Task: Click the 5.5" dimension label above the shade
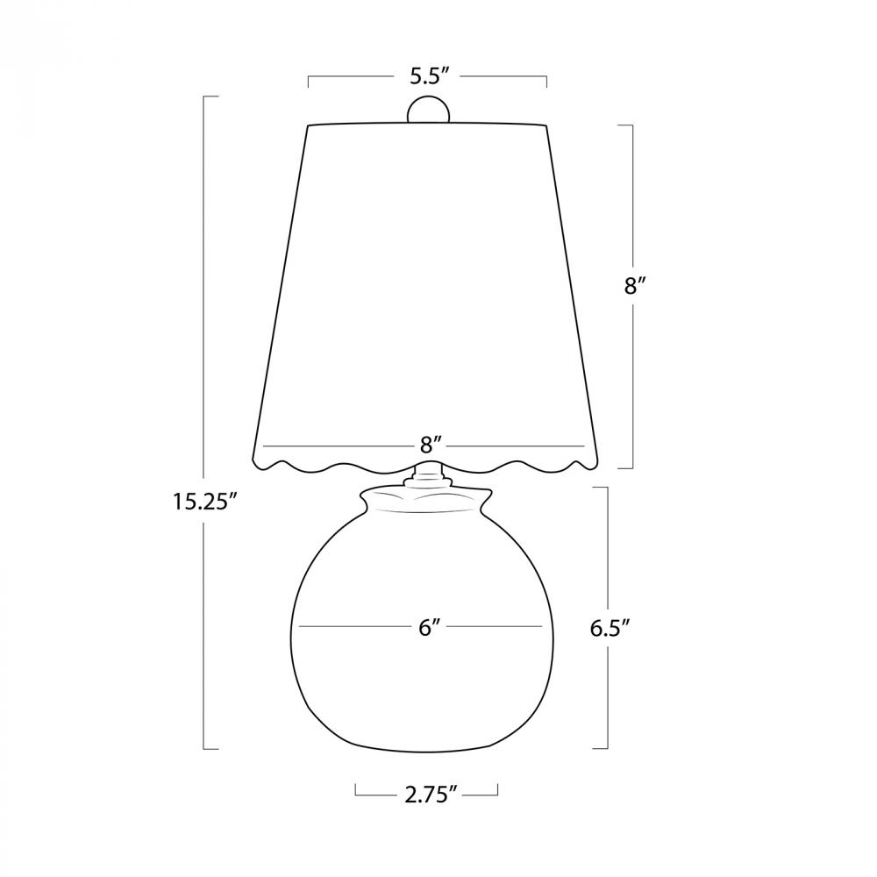click(430, 76)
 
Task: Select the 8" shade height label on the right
click(635, 287)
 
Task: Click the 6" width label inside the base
click(428, 628)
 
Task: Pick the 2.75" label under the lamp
click(428, 795)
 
